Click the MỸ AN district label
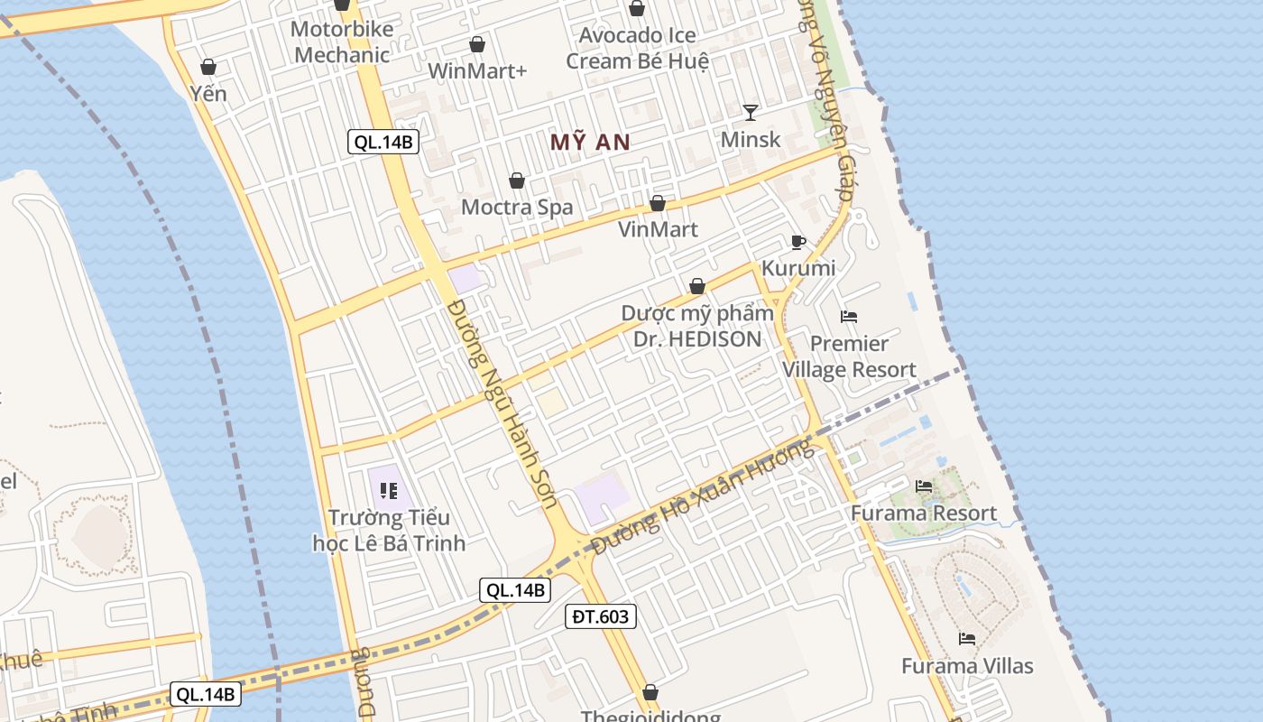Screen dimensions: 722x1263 coord(590,142)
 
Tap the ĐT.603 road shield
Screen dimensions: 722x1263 coord(603,616)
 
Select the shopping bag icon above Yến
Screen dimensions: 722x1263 coord(208,67)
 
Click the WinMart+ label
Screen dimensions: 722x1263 coord(477,70)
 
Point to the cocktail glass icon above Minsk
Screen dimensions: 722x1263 coord(751,112)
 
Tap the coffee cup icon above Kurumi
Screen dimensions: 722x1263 coord(797,242)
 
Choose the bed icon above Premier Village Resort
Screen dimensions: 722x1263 coord(849,317)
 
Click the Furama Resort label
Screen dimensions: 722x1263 coord(924,514)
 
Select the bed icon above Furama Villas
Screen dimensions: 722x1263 coord(967,639)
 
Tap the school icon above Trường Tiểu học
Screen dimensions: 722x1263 coord(389,491)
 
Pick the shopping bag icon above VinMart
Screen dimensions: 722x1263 coord(658,203)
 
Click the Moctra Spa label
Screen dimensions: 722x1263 coord(517,207)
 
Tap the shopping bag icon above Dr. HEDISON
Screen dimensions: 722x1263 coord(697,286)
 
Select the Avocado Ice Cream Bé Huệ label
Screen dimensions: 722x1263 coord(637,48)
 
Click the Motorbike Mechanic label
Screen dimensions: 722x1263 coord(342,42)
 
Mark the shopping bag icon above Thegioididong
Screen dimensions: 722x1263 coord(650,692)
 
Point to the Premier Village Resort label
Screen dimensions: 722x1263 coord(849,356)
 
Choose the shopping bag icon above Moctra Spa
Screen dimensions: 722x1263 coord(517,181)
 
